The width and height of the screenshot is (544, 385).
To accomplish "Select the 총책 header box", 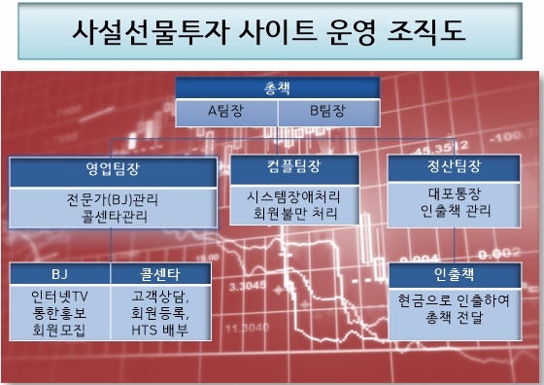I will click(277, 87).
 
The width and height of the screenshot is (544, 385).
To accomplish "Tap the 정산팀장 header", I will click(447, 165).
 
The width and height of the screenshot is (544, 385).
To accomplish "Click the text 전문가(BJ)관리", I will click(114, 199).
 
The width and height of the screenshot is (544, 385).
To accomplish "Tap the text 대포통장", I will click(447, 192).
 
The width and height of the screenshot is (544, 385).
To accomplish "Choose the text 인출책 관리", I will click(447, 210).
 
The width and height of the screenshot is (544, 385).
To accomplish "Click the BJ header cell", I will click(59, 274).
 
